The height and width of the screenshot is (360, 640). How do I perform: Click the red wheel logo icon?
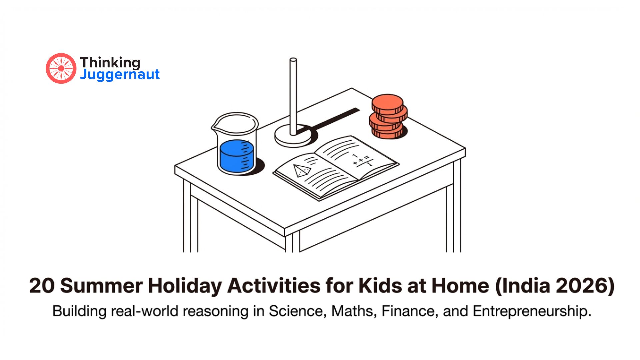61,68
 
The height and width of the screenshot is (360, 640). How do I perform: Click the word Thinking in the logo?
110,62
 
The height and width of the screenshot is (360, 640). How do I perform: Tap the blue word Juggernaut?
120,74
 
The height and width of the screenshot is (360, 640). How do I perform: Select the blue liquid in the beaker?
236,156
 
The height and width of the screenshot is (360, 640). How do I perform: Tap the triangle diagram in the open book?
302,170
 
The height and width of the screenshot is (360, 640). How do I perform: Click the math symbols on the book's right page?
362,160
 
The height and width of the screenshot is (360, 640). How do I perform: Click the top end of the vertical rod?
293,61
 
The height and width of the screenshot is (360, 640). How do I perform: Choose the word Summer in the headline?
102,286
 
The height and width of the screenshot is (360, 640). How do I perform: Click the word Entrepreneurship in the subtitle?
532,311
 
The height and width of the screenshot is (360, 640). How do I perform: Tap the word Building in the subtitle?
79,311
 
